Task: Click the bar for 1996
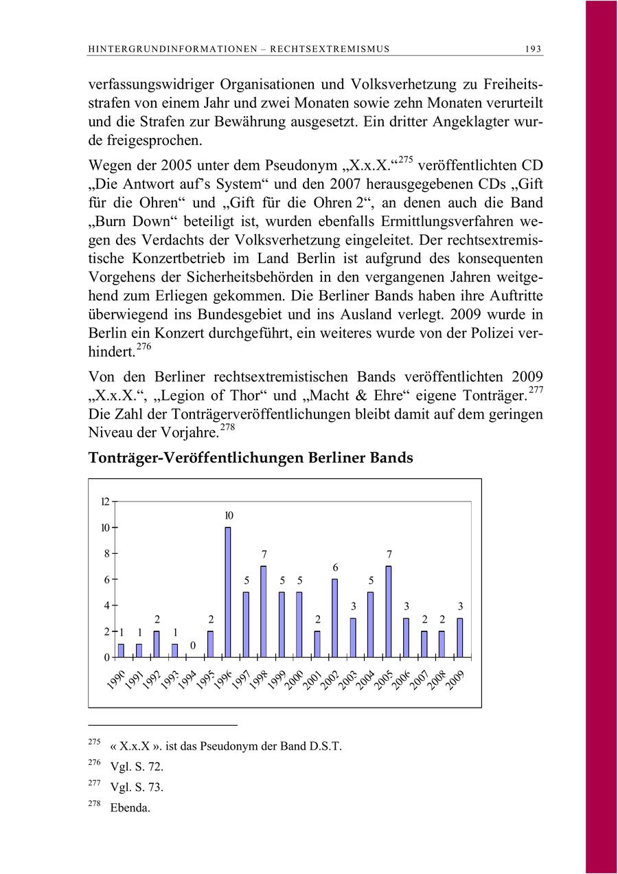click(x=228, y=592)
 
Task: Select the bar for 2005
click(x=388, y=612)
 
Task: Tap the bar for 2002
click(x=334, y=618)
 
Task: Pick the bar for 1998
click(x=263, y=612)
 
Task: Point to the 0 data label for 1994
click(x=193, y=645)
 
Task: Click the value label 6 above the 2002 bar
click(x=335, y=568)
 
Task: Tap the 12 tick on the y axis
click(x=105, y=502)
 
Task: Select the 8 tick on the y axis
click(x=106, y=554)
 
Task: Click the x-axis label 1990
click(x=116, y=678)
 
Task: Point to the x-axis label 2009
click(x=455, y=680)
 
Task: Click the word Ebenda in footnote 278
click(x=128, y=808)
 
